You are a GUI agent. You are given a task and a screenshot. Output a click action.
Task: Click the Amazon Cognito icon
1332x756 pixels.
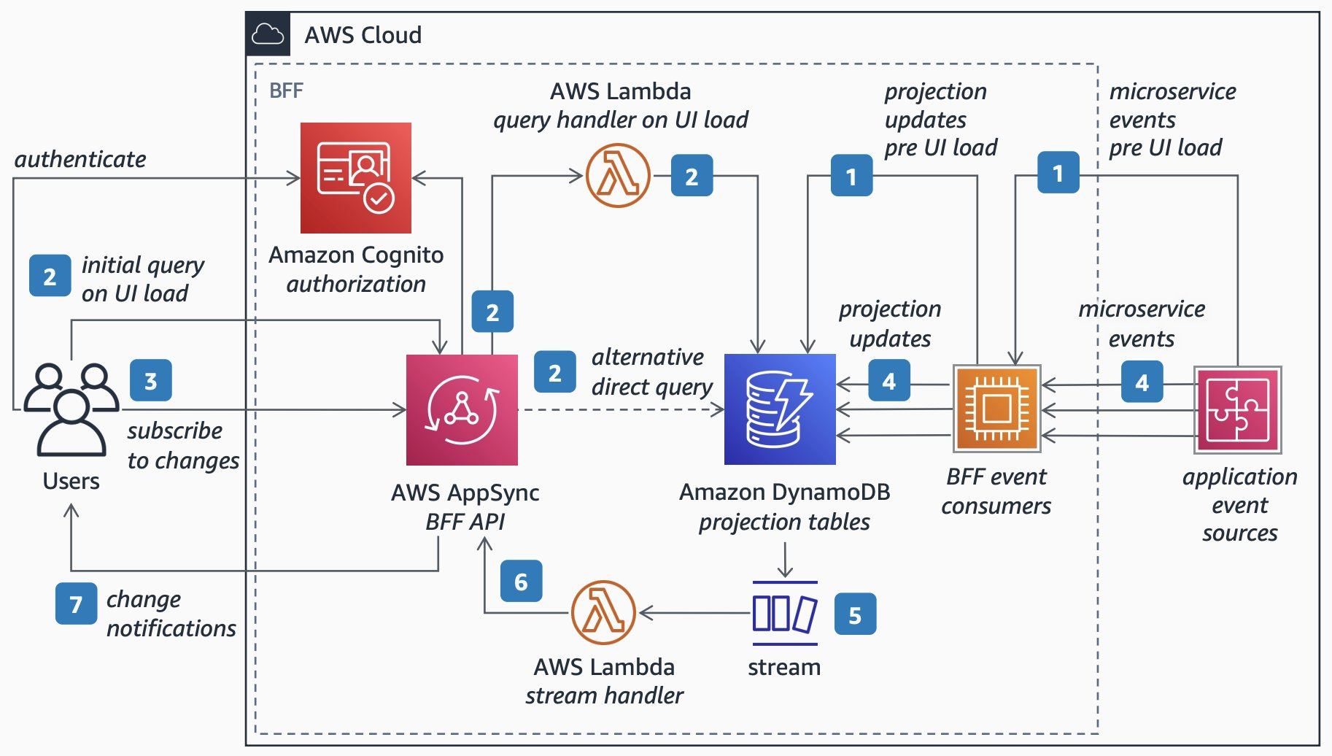(x=356, y=178)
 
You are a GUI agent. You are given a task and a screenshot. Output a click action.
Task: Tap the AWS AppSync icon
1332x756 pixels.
(x=462, y=409)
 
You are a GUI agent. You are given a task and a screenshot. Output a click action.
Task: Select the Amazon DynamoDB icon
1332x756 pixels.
(x=780, y=409)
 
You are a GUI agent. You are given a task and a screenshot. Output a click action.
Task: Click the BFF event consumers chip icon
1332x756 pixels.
(x=996, y=409)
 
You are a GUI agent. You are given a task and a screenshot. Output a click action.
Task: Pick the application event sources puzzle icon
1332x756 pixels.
(x=1237, y=409)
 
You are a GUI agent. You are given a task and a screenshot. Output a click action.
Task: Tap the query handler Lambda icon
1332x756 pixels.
(x=618, y=175)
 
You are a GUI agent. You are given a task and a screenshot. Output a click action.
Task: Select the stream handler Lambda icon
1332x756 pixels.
(x=603, y=612)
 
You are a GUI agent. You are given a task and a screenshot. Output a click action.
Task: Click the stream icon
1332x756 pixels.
(x=785, y=613)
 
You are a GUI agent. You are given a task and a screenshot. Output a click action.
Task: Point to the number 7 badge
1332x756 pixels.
(x=76, y=603)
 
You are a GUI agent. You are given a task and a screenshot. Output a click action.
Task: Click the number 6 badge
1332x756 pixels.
(x=521, y=581)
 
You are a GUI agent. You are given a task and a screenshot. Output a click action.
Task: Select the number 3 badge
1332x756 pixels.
(x=150, y=380)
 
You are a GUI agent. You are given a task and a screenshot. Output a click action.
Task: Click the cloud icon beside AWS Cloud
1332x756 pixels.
(x=268, y=34)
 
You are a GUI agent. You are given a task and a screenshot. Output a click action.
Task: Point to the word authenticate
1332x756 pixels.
(x=80, y=159)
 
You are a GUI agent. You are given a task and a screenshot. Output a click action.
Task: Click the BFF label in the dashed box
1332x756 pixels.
(x=286, y=90)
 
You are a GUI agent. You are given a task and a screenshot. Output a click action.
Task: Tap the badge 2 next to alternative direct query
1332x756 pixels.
(x=554, y=372)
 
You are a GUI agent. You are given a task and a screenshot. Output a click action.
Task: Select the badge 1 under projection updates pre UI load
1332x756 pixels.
(x=851, y=175)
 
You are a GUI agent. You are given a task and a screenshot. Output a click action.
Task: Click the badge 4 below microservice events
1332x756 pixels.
(x=1142, y=382)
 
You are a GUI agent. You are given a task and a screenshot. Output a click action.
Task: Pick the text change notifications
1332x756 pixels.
(x=171, y=613)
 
